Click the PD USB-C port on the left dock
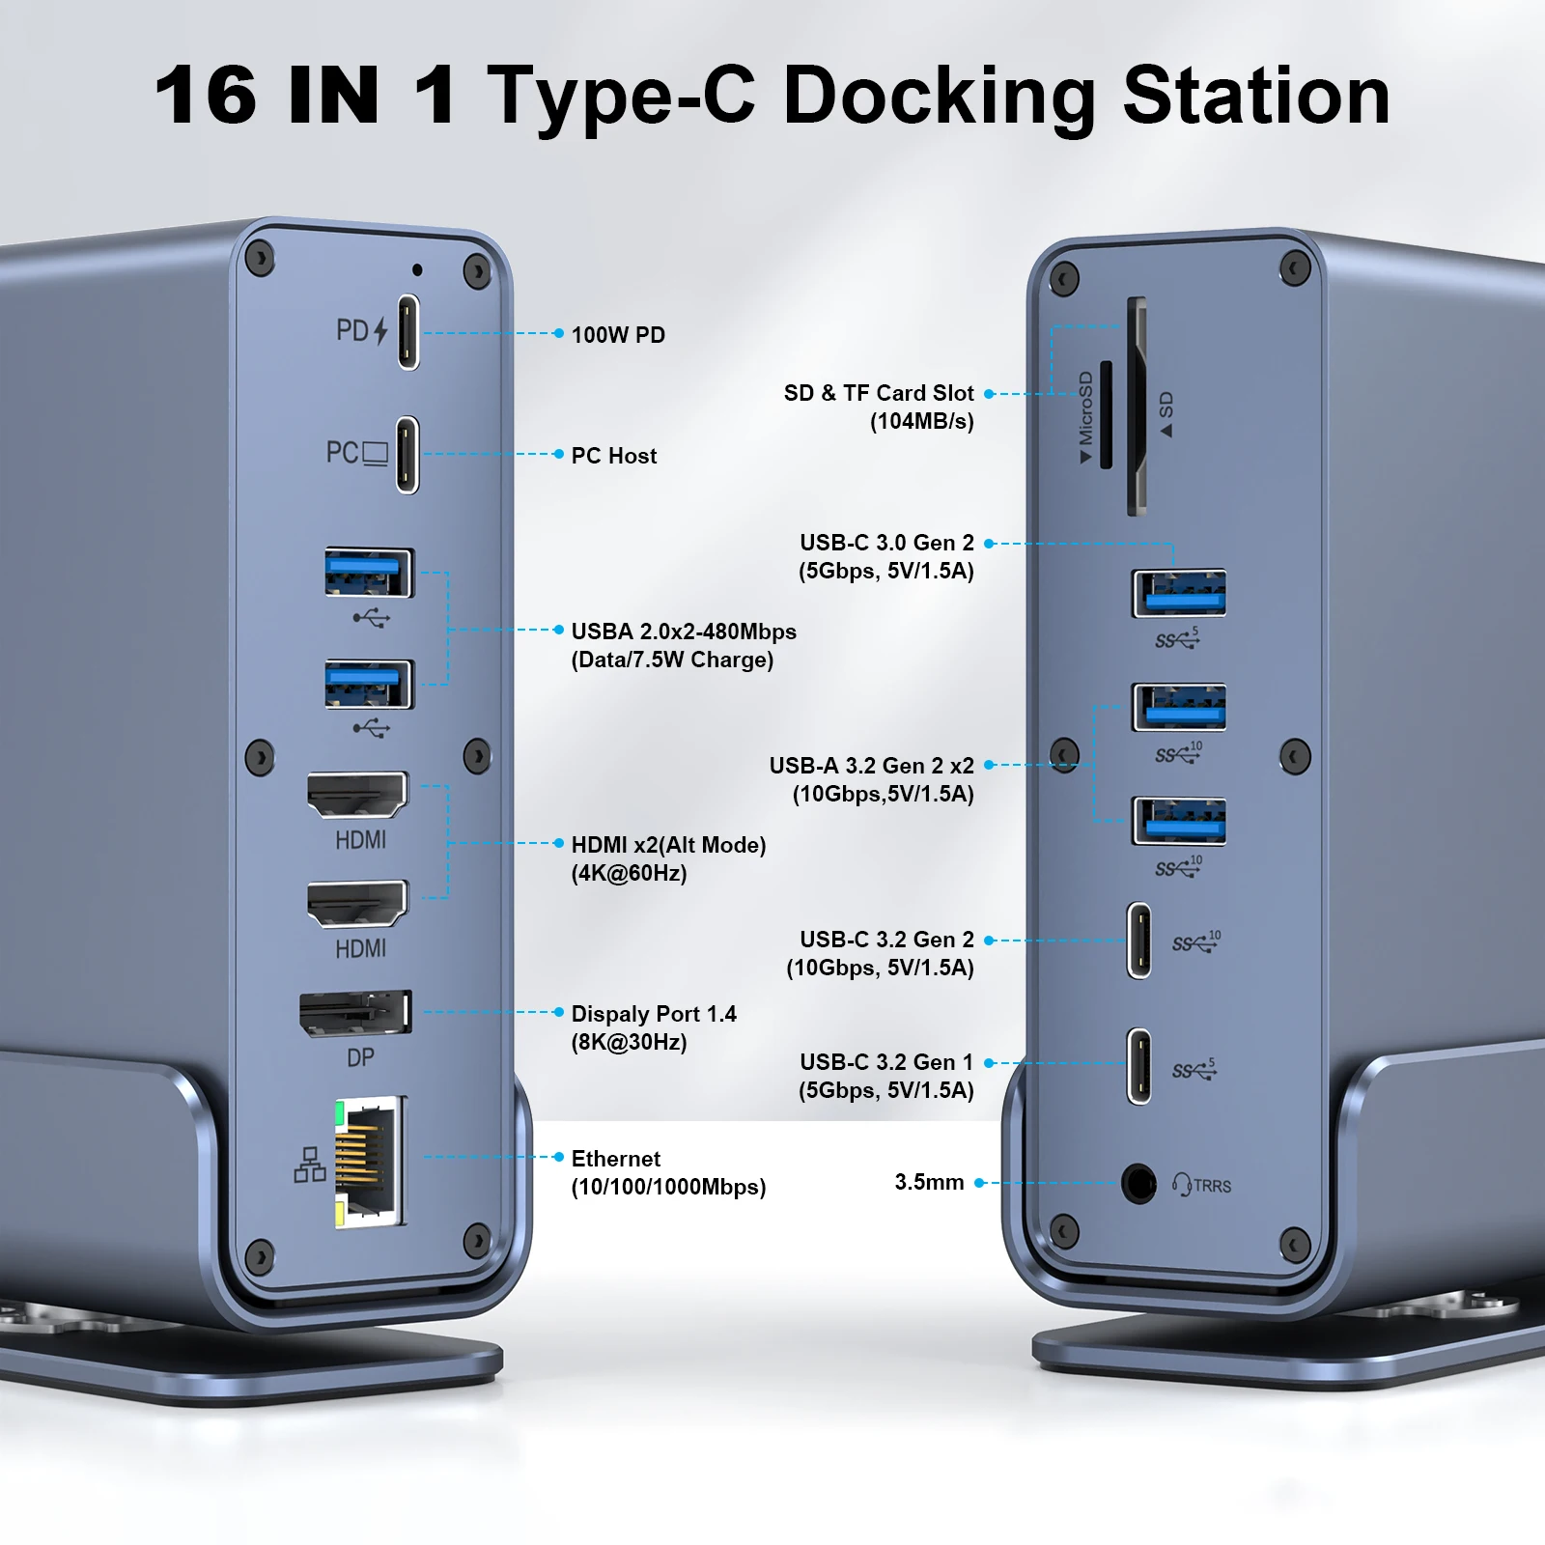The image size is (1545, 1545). (x=408, y=331)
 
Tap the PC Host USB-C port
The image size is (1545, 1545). (x=407, y=454)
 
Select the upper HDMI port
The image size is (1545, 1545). (x=357, y=794)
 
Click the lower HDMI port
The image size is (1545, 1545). (x=357, y=903)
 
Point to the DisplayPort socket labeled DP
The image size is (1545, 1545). (x=355, y=1013)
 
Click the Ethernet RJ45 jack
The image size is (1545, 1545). (x=370, y=1162)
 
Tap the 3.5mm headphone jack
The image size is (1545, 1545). (x=1138, y=1184)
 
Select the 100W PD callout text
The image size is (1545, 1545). (x=618, y=335)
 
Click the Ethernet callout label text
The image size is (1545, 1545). (x=616, y=1159)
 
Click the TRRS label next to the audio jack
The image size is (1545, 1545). (x=1212, y=1186)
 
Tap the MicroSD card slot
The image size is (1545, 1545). (x=1107, y=412)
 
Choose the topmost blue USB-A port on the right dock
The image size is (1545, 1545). (x=1179, y=593)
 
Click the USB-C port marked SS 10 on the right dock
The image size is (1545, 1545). (x=1139, y=941)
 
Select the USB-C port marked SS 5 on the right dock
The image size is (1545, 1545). (x=1139, y=1065)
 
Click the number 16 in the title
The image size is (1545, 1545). (x=206, y=96)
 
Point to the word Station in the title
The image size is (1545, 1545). (x=1255, y=96)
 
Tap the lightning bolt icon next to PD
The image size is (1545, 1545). (x=380, y=331)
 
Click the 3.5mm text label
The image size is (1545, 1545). (x=929, y=1182)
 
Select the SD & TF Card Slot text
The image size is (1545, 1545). (x=879, y=393)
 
